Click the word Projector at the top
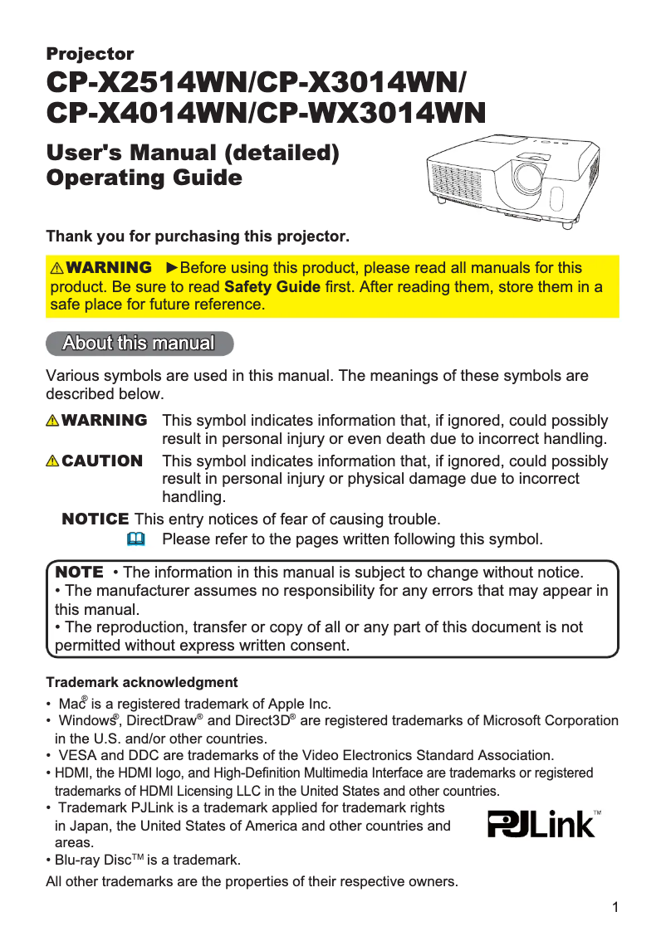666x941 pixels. [90, 55]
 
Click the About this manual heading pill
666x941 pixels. [139, 344]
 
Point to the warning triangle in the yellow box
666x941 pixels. [56, 269]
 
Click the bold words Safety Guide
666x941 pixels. [272, 287]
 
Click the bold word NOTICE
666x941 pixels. [95, 519]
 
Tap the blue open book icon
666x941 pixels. [136, 539]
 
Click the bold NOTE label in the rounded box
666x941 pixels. [79, 572]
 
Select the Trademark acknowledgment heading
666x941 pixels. [142, 683]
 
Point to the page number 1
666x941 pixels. [615, 907]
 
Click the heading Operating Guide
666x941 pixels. [144, 178]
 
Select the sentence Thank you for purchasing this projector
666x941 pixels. [198, 237]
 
